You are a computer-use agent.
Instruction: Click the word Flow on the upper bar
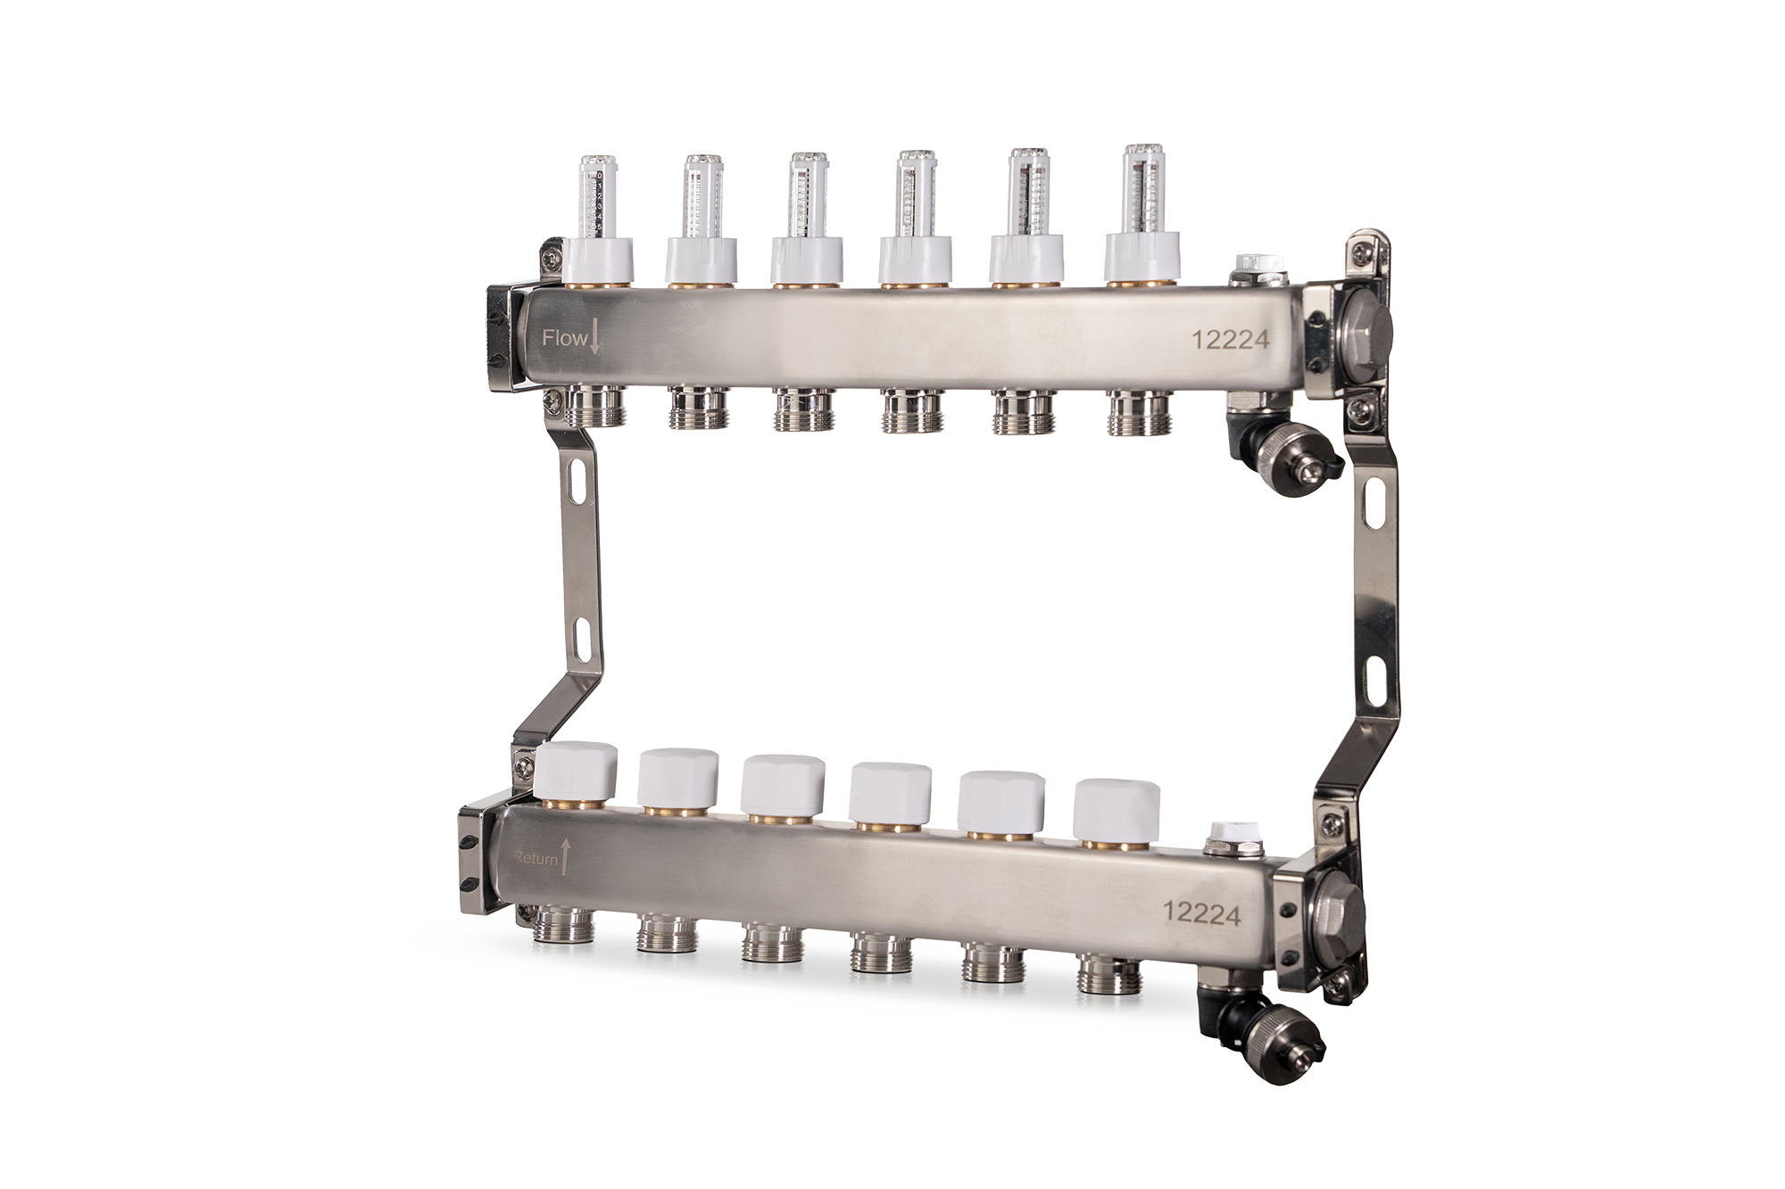tap(564, 338)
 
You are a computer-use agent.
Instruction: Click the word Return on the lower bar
tap(535, 859)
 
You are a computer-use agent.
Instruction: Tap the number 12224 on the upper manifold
tap(1231, 340)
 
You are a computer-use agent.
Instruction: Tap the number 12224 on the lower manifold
tap(1201, 912)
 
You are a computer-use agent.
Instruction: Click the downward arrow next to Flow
tap(595, 339)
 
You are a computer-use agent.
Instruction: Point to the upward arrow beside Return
tap(566, 855)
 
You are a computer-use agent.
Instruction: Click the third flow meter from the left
tap(809, 196)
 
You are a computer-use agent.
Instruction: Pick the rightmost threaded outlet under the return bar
tap(1109, 975)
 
